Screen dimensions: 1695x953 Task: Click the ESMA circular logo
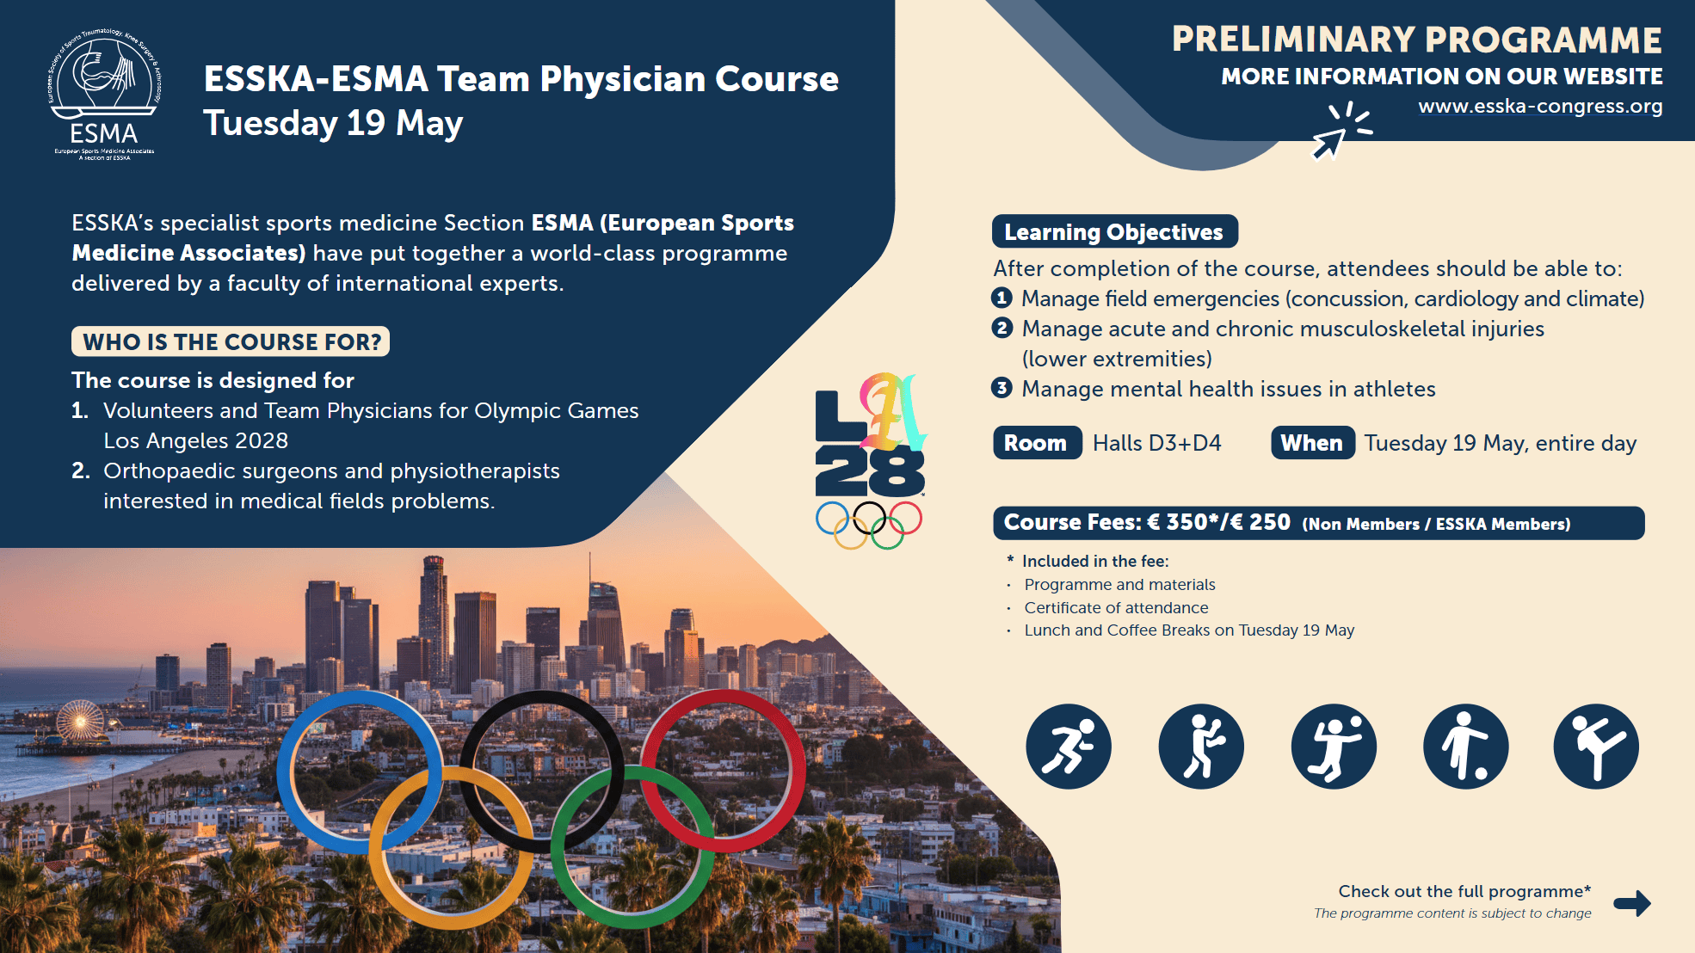click(104, 95)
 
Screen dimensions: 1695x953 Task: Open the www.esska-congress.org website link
click(1540, 107)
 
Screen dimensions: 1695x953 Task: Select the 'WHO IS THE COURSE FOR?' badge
click(231, 341)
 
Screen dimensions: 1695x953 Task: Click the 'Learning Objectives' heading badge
click(1114, 232)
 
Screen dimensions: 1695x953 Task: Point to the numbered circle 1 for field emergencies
click(1002, 298)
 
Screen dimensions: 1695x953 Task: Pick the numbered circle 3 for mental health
click(1002, 388)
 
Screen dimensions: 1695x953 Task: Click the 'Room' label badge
click(1037, 443)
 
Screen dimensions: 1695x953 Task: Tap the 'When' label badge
click(1313, 443)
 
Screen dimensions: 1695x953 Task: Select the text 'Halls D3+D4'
click(1157, 443)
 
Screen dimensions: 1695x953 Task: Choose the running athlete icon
click(1069, 747)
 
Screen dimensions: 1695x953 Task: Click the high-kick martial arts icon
click(1596, 747)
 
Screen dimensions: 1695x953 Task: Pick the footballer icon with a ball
click(1465, 747)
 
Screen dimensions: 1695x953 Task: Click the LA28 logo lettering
click(870, 435)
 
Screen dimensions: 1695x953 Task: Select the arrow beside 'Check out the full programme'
click(1632, 902)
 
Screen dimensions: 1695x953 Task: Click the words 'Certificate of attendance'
click(1116, 607)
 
